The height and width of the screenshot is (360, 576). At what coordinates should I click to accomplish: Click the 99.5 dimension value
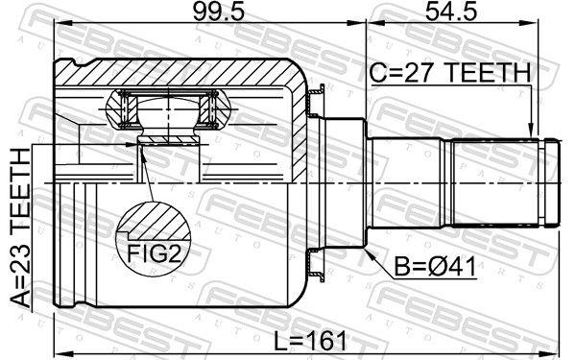pos(219,12)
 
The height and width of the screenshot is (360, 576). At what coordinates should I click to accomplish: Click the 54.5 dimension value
pos(451,12)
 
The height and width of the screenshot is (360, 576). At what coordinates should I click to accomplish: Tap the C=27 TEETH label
pos(450,72)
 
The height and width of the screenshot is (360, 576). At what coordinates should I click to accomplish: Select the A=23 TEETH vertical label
pos(20,228)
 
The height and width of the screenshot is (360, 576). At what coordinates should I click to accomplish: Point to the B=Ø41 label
pos(435,267)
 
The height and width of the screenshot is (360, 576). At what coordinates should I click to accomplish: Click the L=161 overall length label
pos(310,341)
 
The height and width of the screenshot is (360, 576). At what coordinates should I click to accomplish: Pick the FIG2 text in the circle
pos(154,252)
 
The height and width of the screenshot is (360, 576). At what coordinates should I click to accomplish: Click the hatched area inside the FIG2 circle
pos(156,223)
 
